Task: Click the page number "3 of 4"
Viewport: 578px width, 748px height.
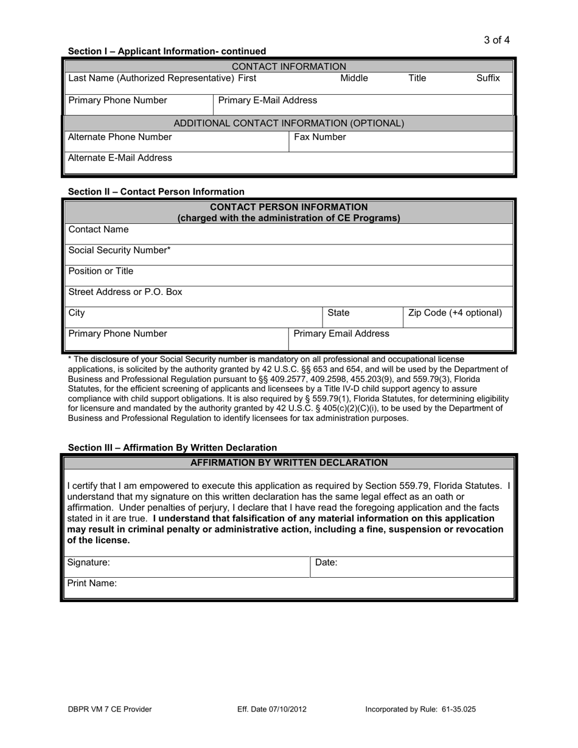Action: pyautogui.click(x=496, y=40)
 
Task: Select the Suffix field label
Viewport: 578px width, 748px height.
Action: pyautogui.click(x=488, y=78)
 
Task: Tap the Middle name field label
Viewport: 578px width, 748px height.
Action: pyautogui.click(x=353, y=78)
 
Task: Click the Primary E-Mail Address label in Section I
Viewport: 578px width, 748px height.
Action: pyautogui.click(x=267, y=100)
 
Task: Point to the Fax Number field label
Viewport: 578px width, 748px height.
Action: pyautogui.click(x=320, y=137)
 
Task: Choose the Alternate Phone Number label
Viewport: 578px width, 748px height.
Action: pyautogui.click(x=120, y=137)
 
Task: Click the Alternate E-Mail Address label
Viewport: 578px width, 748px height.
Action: pyautogui.click(x=120, y=158)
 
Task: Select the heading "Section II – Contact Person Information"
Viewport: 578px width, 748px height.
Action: pyautogui.click(x=156, y=192)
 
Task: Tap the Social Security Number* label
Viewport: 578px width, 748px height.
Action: pyautogui.click(x=119, y=250)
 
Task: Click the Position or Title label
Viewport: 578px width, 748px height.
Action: pyautogui.click(x=100, y=271)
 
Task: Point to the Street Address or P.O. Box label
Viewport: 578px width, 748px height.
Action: pyautogui.click(x=125, y=292)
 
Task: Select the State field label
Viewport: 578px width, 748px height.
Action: pyautogui.click(x=338, y=313)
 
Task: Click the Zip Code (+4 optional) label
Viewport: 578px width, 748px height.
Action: pyautogui.click(x=455, y=313)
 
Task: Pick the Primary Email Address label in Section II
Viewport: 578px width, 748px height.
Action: pyautogui.click(x=341, y=333)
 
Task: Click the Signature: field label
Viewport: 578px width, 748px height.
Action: pyautogui.click(x=89, y=563)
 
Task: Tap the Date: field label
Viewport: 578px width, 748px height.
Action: pyautogui.click(x=326, y=563)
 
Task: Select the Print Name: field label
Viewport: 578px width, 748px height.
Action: pyautogui.click(x=92, y=583)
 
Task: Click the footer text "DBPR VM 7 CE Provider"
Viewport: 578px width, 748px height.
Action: pyautogui.click(x=110, y=709)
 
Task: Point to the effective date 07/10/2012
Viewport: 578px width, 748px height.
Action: pyautogui.click(x=287, y=709)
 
